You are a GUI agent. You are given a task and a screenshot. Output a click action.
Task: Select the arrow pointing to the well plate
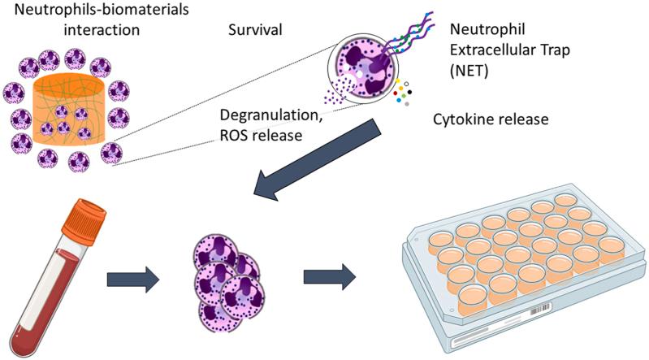pyautogui.click(x=329, y=277)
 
